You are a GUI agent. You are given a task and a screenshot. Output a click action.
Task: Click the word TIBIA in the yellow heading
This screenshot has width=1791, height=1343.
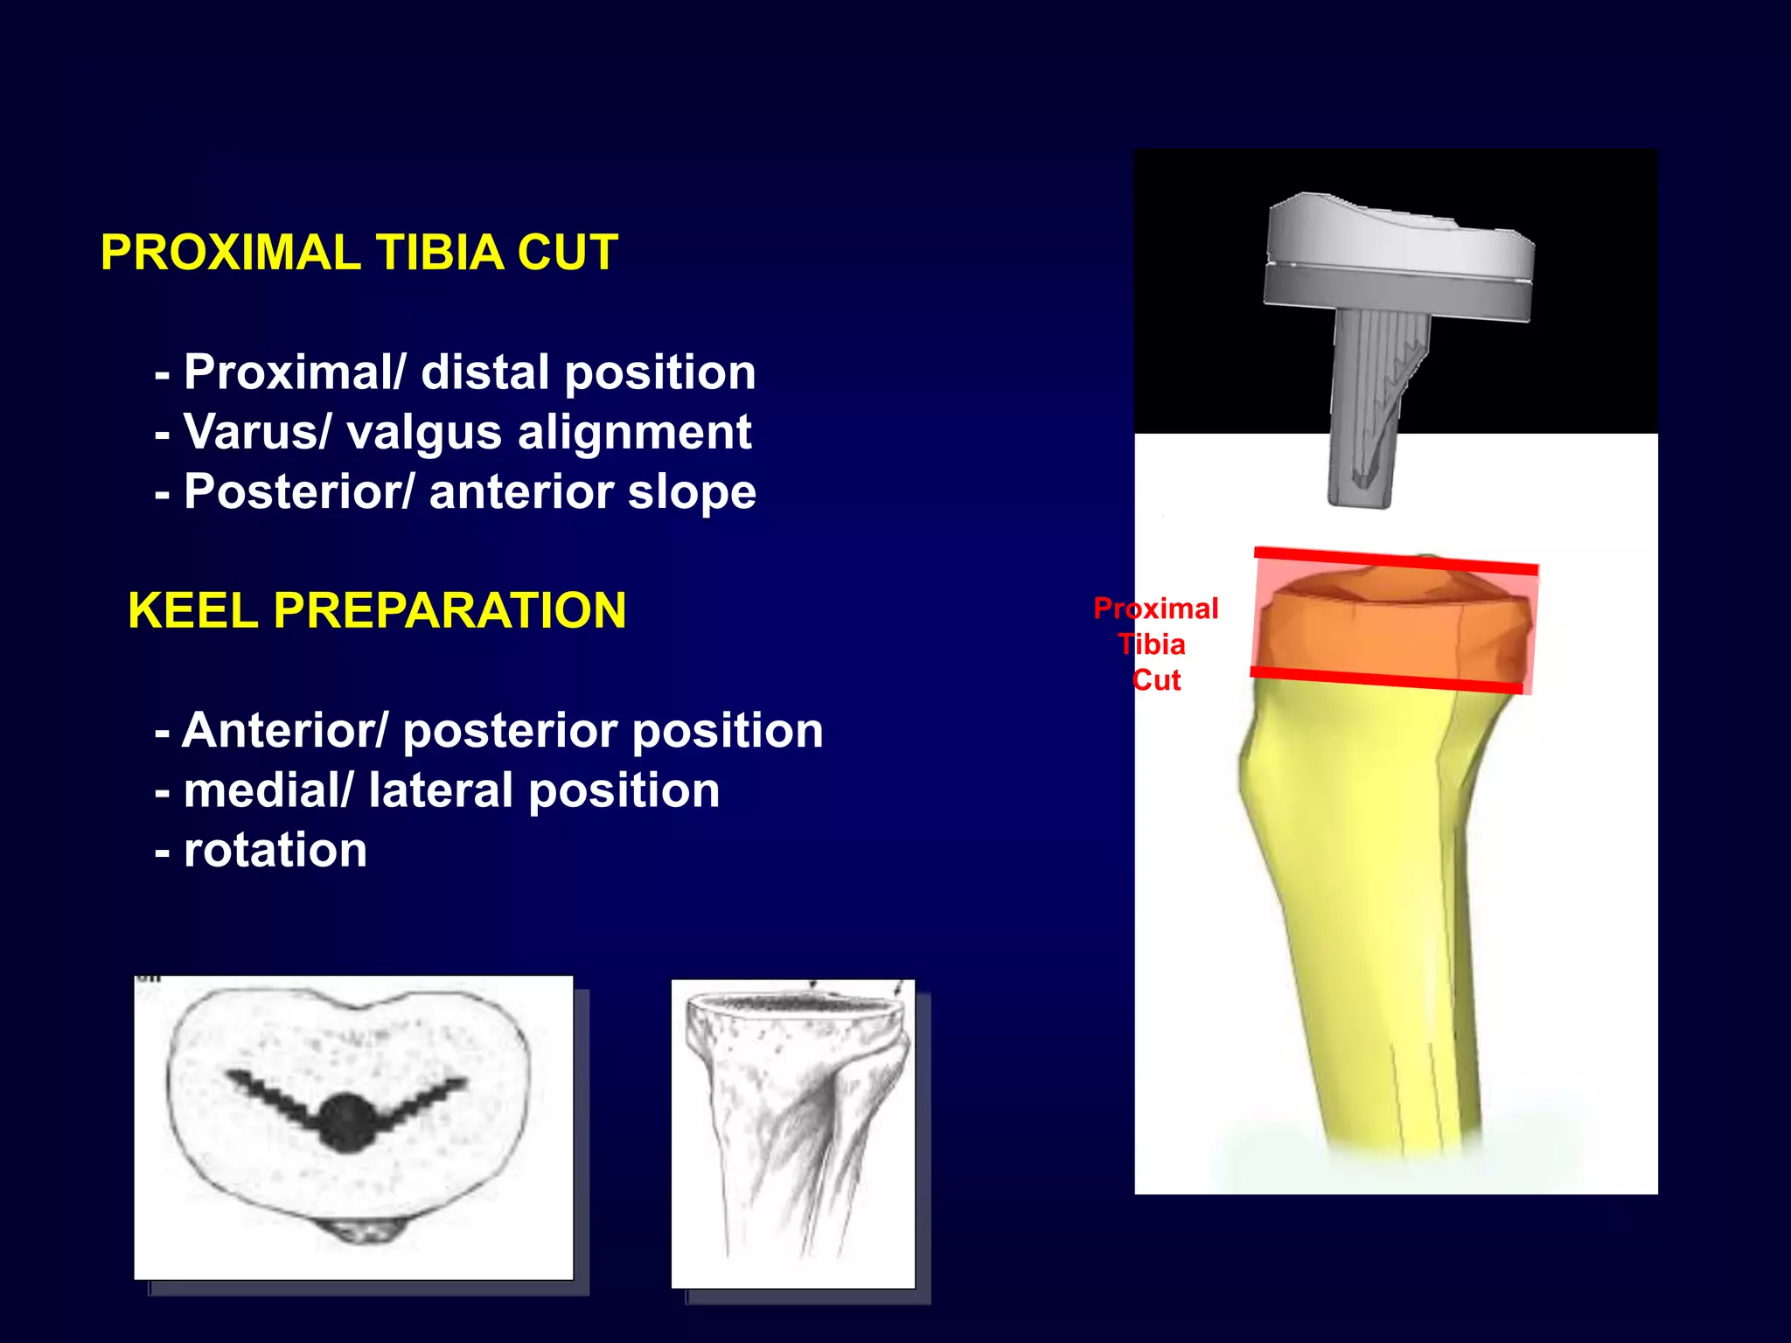[440, 253]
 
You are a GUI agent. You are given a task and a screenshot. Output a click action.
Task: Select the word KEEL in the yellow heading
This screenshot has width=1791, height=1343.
[193, 610]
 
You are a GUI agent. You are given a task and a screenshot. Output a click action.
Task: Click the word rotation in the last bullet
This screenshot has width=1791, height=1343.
[275, 850]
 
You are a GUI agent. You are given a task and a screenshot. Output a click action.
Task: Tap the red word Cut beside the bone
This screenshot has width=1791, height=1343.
[1156, 680]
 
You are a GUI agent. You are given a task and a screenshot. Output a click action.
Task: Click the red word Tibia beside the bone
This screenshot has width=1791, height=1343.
[1152, 644]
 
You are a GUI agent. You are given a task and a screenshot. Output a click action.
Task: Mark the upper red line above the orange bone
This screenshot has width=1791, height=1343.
[1396, 560]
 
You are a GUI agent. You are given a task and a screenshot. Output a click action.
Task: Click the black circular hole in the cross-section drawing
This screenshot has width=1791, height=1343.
[347, 1122]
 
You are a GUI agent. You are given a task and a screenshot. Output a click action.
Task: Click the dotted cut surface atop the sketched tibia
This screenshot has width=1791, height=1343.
[794, 1004]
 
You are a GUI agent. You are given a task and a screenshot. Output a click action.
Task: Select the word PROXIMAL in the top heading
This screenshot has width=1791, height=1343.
[230, 253]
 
